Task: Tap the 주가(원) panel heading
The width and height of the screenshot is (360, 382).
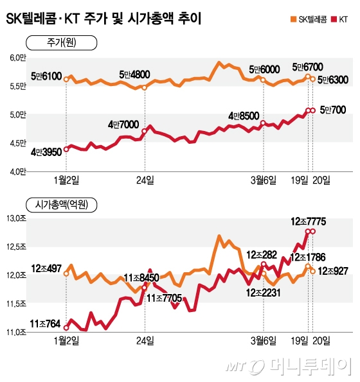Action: [61, 43]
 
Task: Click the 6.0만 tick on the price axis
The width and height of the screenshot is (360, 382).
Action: [15, 58]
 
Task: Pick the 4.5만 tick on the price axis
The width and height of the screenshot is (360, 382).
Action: [15, 143]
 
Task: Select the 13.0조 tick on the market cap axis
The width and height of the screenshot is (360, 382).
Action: [15, 220]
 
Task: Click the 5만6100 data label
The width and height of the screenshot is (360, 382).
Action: [46, 76]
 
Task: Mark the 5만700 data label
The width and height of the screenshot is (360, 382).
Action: [332, 110]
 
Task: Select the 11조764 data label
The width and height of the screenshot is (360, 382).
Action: [44, 324]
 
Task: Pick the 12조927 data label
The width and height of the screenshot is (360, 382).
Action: [334, 271]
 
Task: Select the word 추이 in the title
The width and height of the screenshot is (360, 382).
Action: [186, 20]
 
